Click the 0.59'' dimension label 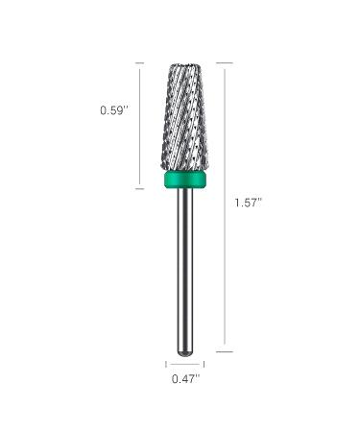click(x=114, y=110)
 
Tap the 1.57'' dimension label click(x=249, y=203)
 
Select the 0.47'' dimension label click(x=185, y=379)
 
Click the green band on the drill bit click(x=184, y=180)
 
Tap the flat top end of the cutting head click(x=184, y=64)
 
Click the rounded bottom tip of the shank click(x=185, y=353)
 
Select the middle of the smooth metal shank click(x=185, y=271)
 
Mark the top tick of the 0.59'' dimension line click(x=139, y=63)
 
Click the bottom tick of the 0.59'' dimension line click(x=139, y=188)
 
